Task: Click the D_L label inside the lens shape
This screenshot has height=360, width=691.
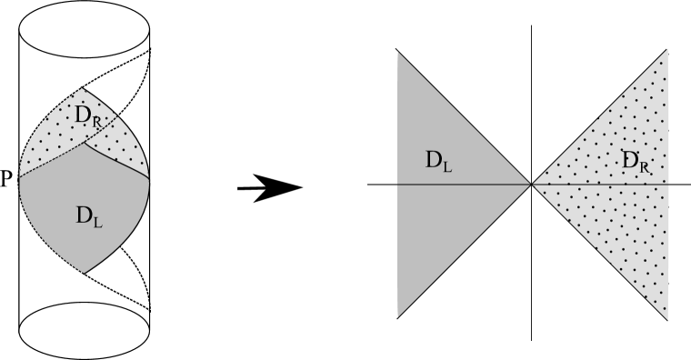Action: pyautogui.click(x=89, y=215)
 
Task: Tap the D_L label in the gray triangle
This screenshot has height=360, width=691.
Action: pyautogui.click(x=439, y=161)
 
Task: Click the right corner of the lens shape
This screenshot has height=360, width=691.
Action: pyautogui.click(x=149, y=175)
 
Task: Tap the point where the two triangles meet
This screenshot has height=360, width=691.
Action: pyautogui.click(x=531, y=185)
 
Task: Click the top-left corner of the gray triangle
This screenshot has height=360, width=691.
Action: pyautogui.click(x=398, y=53)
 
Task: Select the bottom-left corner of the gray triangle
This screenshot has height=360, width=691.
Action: pyautogui.click(x=398, y=316)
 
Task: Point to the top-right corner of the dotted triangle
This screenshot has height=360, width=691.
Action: pyautogui.click(x=667, y=49)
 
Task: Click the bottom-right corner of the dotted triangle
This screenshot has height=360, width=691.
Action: pyautogui.click(x=667, y=319)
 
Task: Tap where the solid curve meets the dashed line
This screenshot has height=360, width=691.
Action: pyautogui.click(x=85, y=142)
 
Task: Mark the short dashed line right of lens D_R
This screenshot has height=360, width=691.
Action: pyautogui.click(x=107, y=124)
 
